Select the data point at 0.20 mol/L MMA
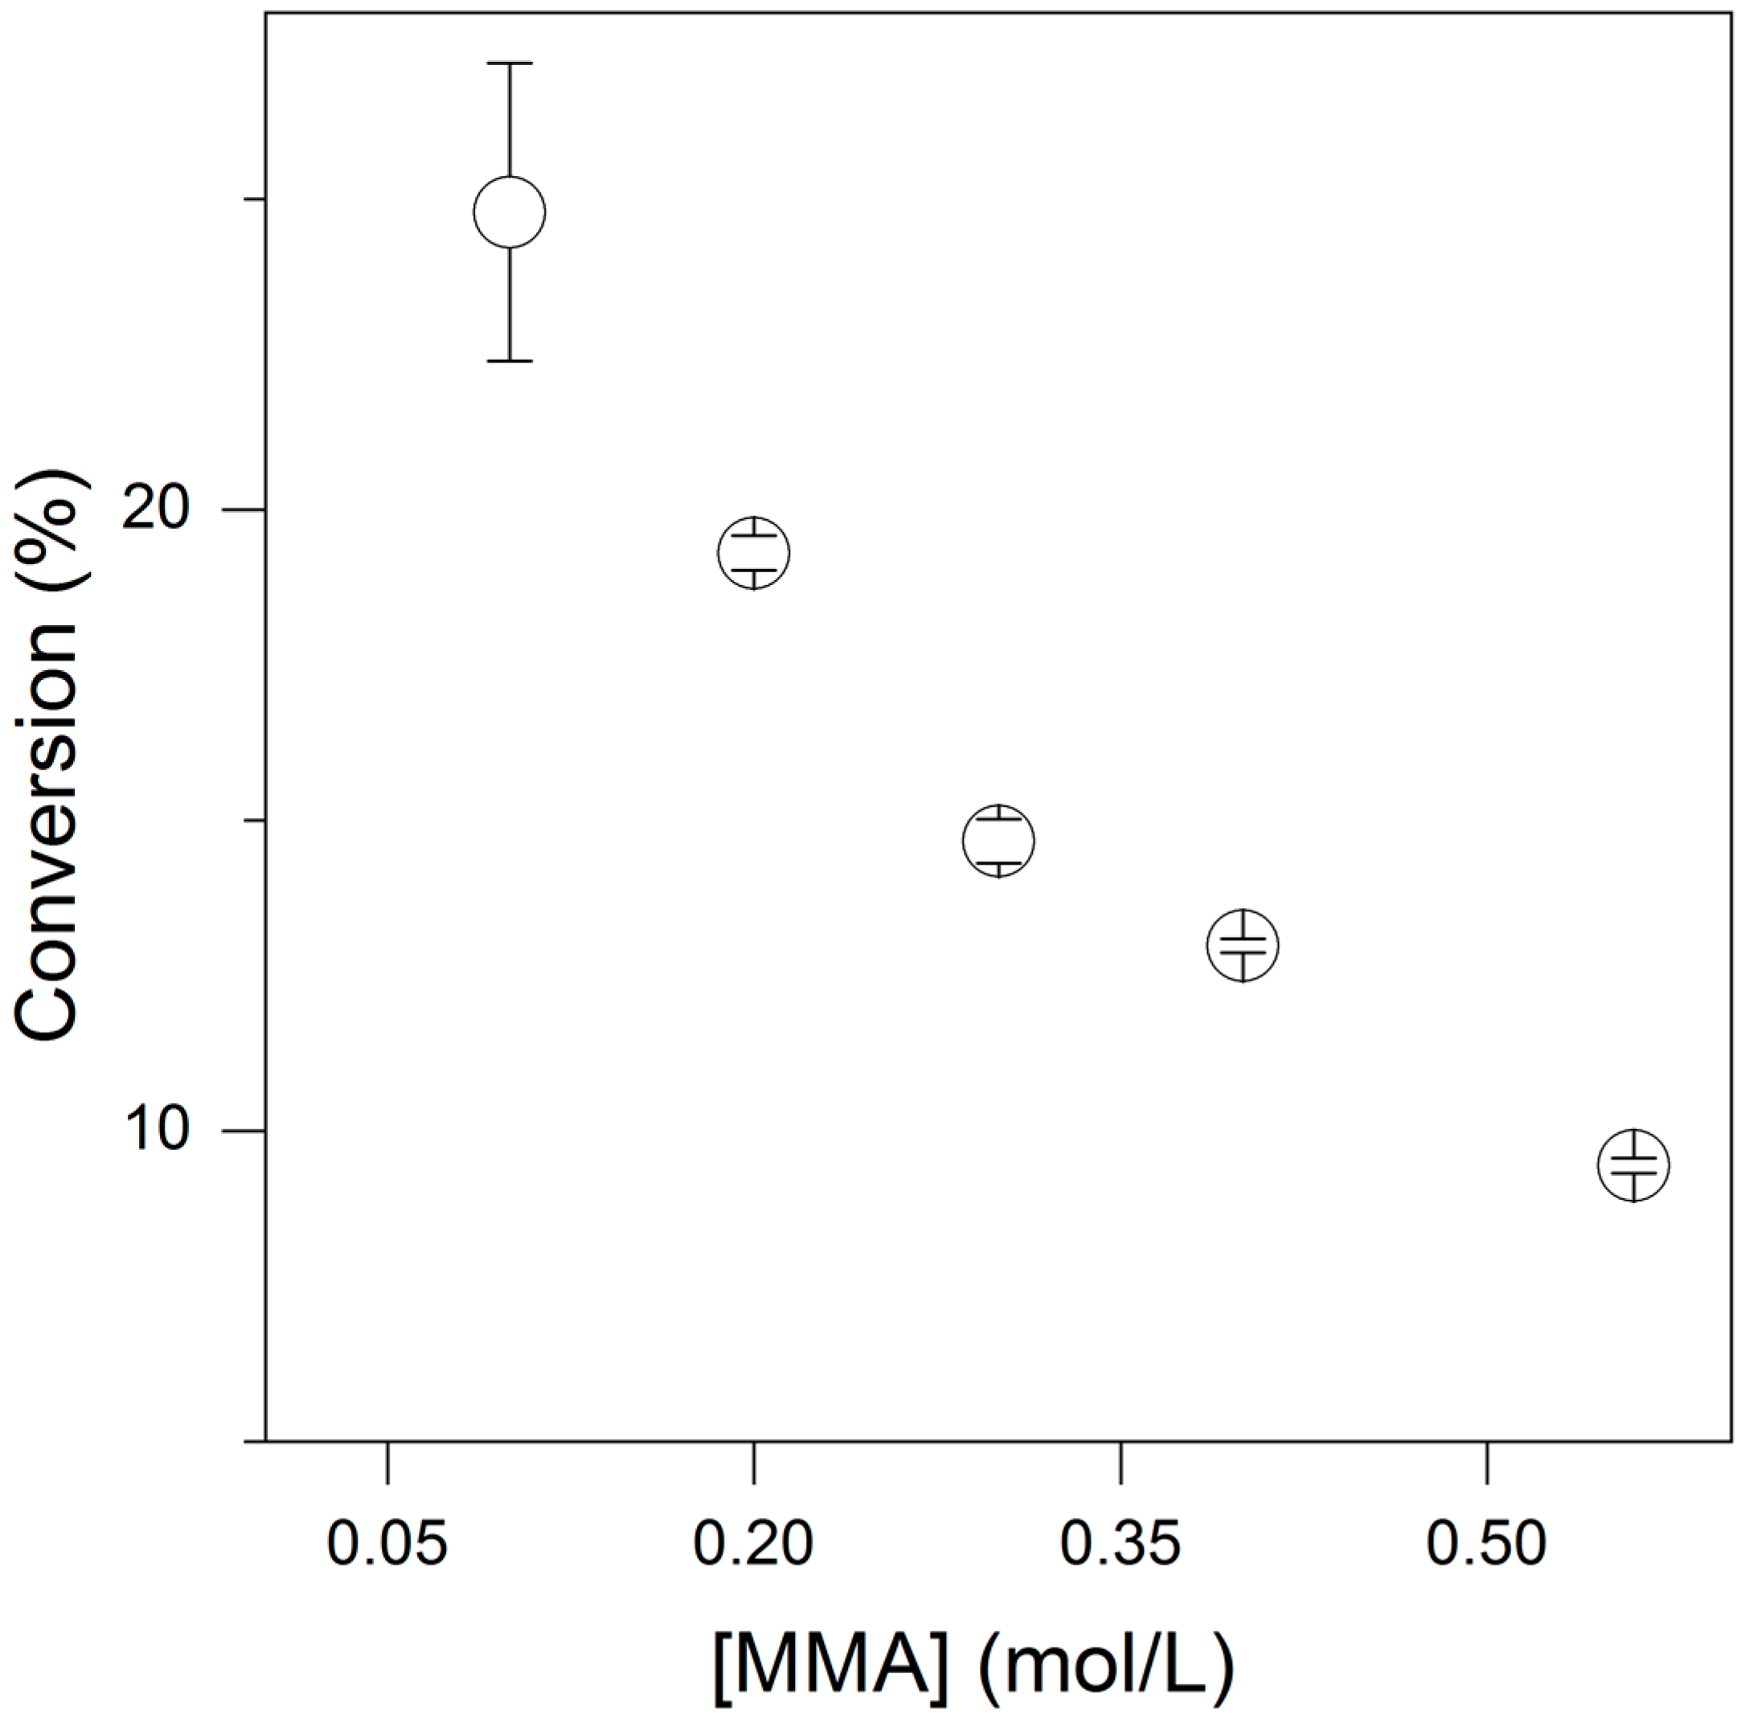[754, 552]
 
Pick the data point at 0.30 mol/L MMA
[997, 841]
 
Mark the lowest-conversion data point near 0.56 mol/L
[1632, 1165]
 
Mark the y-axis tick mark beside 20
[255, 510]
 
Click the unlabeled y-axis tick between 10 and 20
[255, 820]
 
